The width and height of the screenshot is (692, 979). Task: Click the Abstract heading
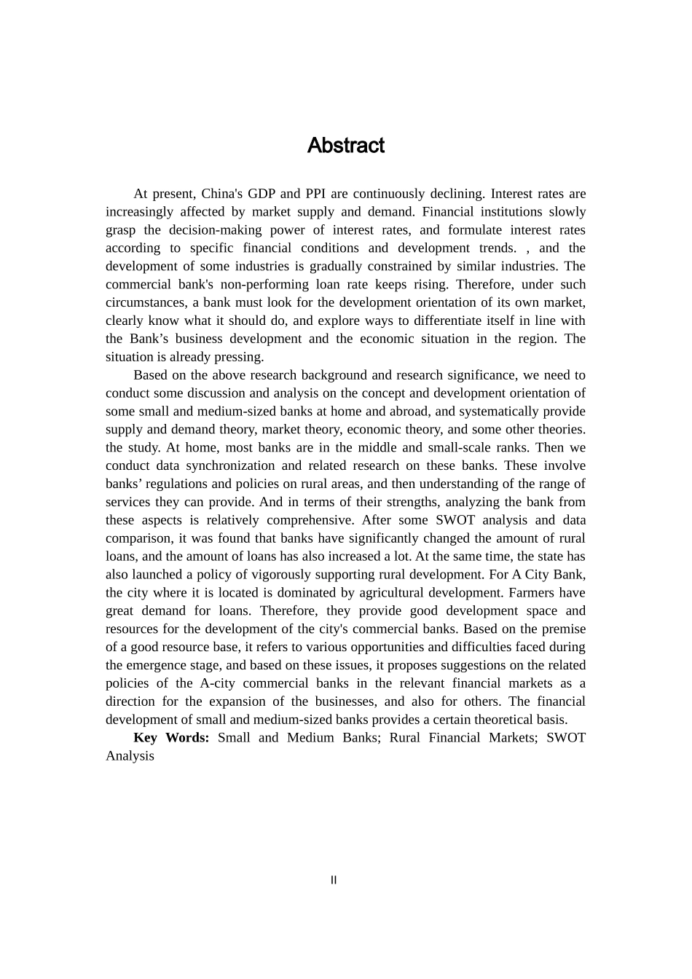[x=345, y=146]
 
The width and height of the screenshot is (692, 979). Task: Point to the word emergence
[x=165, y=665]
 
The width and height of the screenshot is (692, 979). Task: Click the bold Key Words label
[x=171, y=738]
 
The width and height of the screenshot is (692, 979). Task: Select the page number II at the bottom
[x=334, y=880]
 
